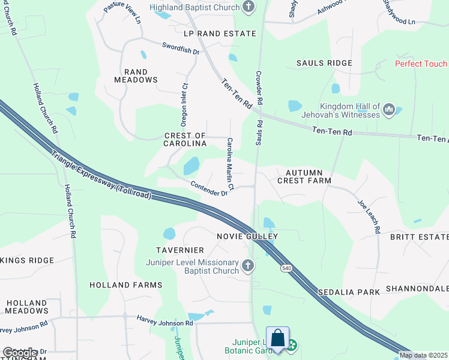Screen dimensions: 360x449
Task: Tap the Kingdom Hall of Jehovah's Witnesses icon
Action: tap(388, 110)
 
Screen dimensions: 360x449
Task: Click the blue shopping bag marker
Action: tap(278, 338)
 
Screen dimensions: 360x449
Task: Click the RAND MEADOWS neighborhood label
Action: tap(136, 75)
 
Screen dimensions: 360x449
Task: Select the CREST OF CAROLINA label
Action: tap(185, 140)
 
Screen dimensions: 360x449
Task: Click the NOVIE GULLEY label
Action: tap(247, 236)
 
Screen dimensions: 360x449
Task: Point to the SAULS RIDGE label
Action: tap(324, 63)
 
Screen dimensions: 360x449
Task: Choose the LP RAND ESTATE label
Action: tap(220, 34)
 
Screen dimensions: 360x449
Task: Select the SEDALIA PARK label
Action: tap(350, 292)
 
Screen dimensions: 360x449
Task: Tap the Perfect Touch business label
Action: tap(421, 64)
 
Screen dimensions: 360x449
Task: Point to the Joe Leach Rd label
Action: tap(369, 217)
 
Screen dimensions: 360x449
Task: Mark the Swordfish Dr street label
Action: tap(181, 48)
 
